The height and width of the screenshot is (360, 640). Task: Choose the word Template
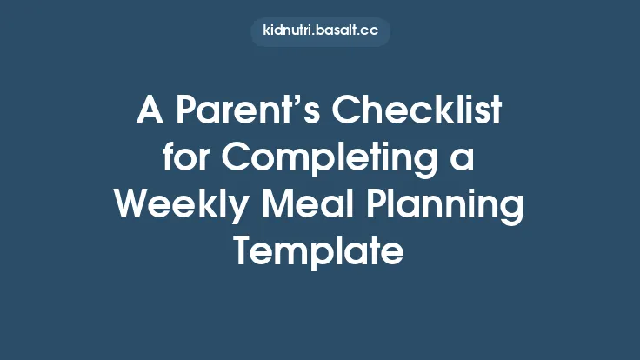(319, 253)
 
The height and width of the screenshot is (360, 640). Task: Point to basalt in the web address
(335, 31)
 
